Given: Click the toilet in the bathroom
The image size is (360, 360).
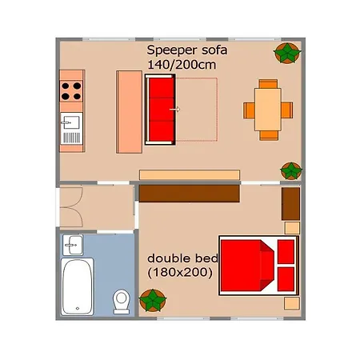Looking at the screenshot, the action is (x=122, y=302).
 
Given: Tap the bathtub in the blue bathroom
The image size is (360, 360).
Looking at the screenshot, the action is (x=78, y=286).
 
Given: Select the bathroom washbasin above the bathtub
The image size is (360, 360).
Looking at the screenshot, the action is (x=73, y=245).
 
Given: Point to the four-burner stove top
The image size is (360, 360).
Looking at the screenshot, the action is (x=71, y=91).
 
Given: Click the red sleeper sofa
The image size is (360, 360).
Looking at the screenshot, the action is (x=160, y=110).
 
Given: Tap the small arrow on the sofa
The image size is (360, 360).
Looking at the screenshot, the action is (x=175, y=110).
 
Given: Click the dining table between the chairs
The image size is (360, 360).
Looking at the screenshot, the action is (x=268, y=110).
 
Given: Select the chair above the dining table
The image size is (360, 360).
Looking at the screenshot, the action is (x=268, y=84).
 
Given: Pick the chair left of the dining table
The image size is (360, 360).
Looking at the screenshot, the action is (x=249, y=110).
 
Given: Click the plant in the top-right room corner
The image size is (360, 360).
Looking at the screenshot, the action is (x=287, y=53).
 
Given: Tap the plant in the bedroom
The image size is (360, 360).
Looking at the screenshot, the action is (x=153, y=300).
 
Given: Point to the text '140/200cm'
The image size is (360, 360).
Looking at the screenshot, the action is (x=182, y=65).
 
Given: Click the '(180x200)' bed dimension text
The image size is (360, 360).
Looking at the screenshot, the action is (x=180, y=273).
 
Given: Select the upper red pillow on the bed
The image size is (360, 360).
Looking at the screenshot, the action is (x=286, y=252).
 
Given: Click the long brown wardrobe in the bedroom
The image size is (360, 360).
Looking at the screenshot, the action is (x=189, y=194).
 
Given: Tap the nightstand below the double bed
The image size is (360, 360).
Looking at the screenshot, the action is (x=292, y=303).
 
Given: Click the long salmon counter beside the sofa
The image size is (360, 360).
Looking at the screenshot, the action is (x=129, y=112).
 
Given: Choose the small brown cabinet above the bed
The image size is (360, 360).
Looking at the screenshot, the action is (x=290, y=204).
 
